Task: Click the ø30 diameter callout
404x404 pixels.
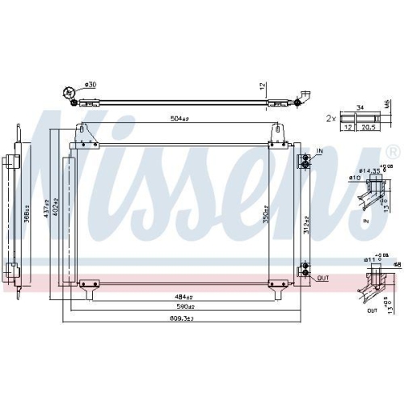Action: click(90, 86)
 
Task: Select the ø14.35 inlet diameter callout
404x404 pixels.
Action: click(372, 170)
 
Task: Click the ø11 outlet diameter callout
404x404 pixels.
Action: click(370, 260)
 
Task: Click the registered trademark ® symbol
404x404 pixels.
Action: click(392, 152)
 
